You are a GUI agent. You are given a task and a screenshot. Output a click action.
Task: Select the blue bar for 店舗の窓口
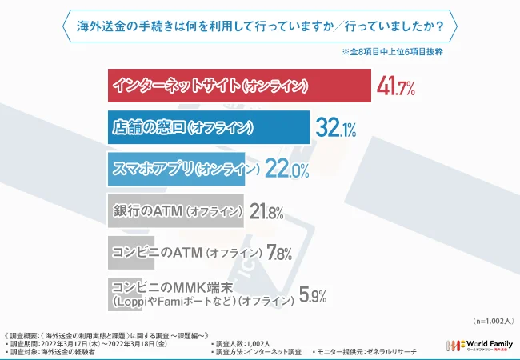click(208, 127)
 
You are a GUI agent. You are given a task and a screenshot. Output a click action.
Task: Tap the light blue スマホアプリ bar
click(183, 170)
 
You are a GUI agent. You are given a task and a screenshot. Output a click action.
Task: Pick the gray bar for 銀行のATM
click(176, 211)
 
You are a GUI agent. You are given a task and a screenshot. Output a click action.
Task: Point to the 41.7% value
click(396, 86)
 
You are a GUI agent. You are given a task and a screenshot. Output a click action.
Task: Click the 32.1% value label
click(335, 128)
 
